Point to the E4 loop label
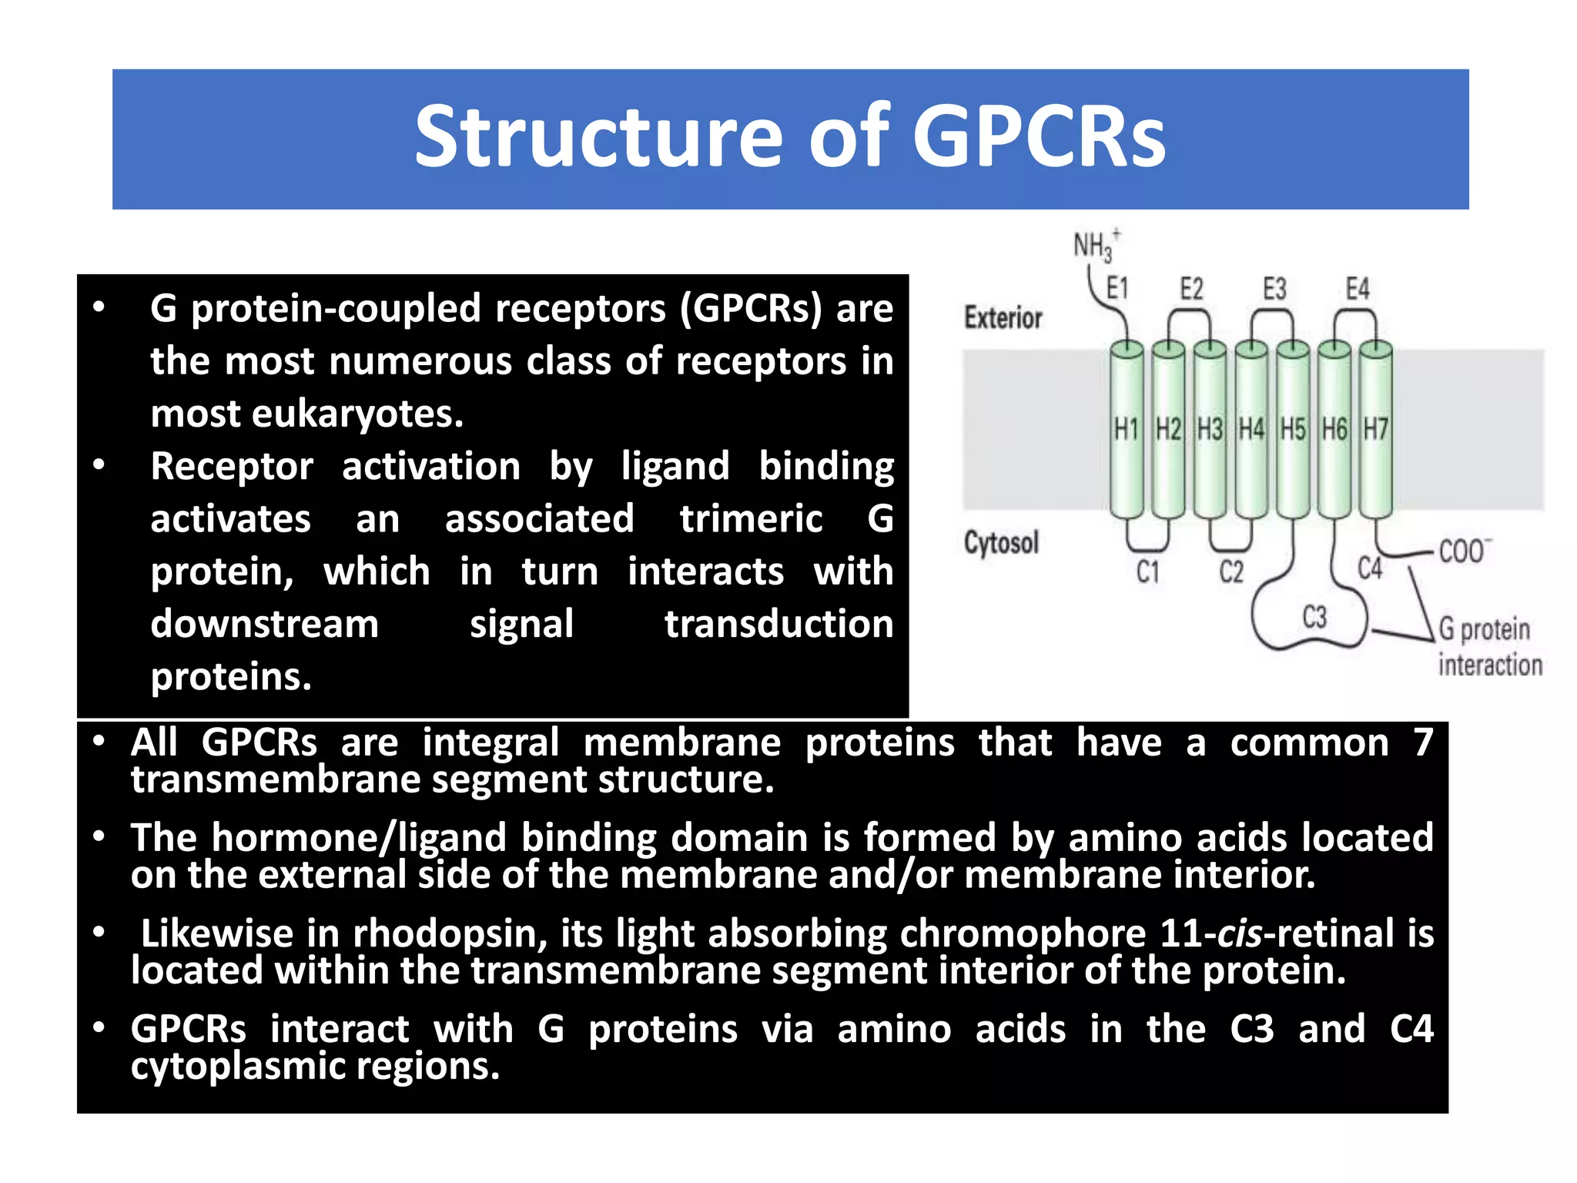tap(1357, 289)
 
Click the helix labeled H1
tap(1126, 429)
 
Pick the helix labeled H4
tap(1251, 429)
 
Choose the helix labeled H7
tap(1375, 429)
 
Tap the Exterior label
tap(1003, 317)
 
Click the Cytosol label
tap(1001, 543)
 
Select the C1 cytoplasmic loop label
tap(1147, 571)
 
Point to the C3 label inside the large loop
tap(1314, 617)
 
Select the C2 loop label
tap(1230, 571)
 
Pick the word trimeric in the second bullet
tap(751, 518)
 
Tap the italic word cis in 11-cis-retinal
tap(1240, 933)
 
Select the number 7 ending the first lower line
tap(1423, 742)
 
